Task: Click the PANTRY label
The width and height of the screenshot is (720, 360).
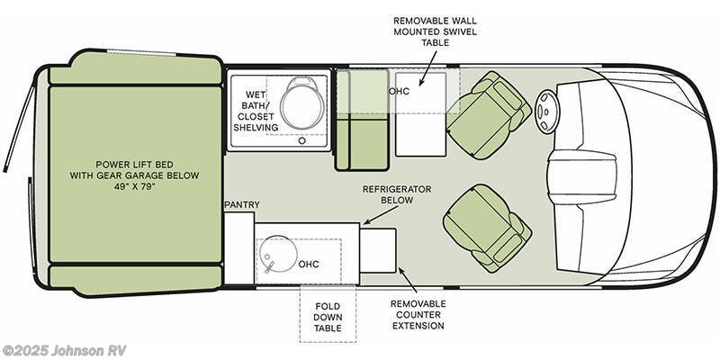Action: tap(242, 205)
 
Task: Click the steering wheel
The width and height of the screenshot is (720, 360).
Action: tap(547, 111)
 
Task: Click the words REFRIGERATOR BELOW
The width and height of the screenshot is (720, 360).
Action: tap(396, 194)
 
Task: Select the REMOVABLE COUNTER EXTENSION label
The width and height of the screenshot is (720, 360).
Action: tap(418, 315)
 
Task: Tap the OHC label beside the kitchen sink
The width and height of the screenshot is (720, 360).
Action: tap(309, 265)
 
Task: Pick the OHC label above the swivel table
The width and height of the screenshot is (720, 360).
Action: tap(400, 92)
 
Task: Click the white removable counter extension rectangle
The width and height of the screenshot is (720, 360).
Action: tap(378, 250)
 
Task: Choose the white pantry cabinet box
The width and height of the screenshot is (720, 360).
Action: tap(238, 248)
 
